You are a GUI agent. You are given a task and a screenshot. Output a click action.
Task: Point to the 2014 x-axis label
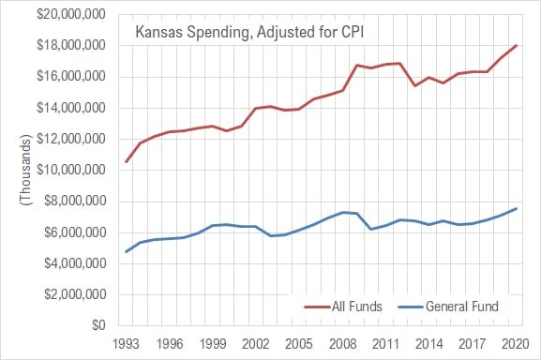[x=429, y=343]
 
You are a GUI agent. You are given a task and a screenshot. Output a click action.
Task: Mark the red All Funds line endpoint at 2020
[x=517, y=46]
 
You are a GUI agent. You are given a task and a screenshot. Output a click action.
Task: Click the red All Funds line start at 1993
[x=127, y=162]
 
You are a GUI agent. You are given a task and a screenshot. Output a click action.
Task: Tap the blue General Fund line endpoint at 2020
[x=517, y=208]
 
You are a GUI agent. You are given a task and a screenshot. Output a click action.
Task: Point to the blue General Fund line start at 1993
[x=127, y=251]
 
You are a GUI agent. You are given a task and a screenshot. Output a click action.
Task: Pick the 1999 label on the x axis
[x=214, y=343]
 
